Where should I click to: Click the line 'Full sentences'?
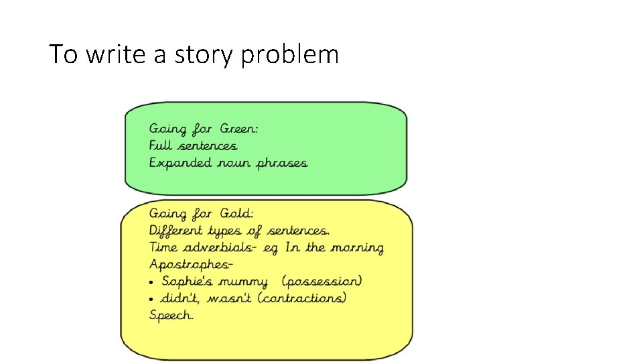(x=193, y=145)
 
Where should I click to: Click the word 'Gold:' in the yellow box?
(x=238, y=214)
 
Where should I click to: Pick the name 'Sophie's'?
(x=188, y=282)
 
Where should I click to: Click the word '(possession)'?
(x=322, y=282)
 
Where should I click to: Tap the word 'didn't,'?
(x=182, y=298)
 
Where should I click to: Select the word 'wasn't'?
(x=230, y=298)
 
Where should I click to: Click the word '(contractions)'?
(x=303, y=298)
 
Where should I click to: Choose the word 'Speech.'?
(x=171, y=316)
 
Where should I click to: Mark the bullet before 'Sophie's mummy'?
(x=153, y=282)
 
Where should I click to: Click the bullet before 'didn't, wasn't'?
(x=153, y=299)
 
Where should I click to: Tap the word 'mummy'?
(x=242, y=282)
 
